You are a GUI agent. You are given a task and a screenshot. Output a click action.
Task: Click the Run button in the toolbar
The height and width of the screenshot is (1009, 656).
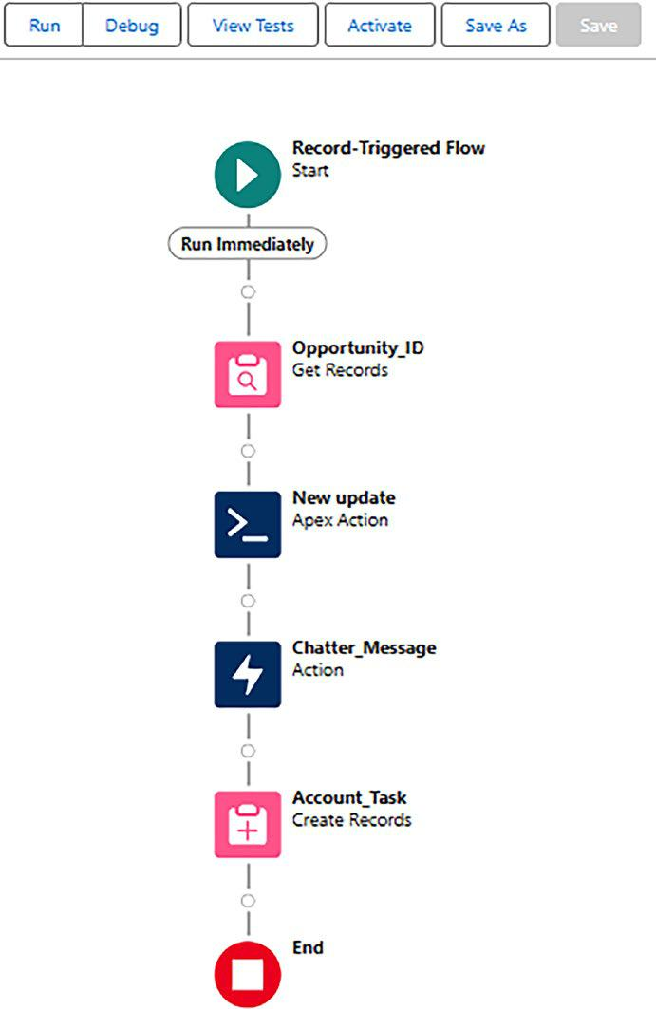(44, 26)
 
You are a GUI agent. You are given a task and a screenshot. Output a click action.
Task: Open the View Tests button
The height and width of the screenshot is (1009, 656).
(253, 26)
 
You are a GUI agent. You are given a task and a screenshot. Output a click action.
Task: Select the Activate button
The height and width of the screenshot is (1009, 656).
(380, 26)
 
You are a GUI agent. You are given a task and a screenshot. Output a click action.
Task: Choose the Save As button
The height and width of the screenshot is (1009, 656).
(496, 26)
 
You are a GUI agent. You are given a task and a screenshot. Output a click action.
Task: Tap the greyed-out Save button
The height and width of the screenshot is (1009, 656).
(599, 26)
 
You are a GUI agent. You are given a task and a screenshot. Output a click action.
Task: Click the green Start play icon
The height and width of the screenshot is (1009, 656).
(248, 175)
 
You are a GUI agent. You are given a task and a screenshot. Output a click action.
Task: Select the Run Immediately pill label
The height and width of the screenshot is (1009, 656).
(247, 245)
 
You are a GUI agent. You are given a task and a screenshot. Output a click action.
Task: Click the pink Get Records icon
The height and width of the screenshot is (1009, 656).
(248, 375)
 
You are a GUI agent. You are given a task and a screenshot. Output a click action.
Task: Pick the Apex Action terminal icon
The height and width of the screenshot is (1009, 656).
(248, 525)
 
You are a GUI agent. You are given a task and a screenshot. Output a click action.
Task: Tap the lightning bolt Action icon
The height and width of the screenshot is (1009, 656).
(248, 674)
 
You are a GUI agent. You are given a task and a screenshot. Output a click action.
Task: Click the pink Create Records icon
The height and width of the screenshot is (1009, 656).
(248, 824)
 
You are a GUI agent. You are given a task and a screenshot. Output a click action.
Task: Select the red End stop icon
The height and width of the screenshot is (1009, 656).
(248, 974)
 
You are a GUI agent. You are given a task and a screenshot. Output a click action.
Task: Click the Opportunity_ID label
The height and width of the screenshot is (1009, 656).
(358, 348)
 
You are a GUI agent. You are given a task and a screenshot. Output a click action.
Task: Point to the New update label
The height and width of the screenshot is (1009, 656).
(344, 498)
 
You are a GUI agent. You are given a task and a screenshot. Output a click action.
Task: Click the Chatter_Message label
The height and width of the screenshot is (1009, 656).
(365, 648)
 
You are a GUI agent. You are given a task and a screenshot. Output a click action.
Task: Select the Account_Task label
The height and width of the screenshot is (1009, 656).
(349, 798)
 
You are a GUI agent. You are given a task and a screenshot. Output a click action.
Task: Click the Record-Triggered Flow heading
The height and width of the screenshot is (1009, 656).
(388, 148)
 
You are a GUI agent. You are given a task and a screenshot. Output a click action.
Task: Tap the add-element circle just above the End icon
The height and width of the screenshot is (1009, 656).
(248, 900)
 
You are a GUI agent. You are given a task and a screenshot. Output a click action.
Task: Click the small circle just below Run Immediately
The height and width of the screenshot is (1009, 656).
(248, 292)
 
